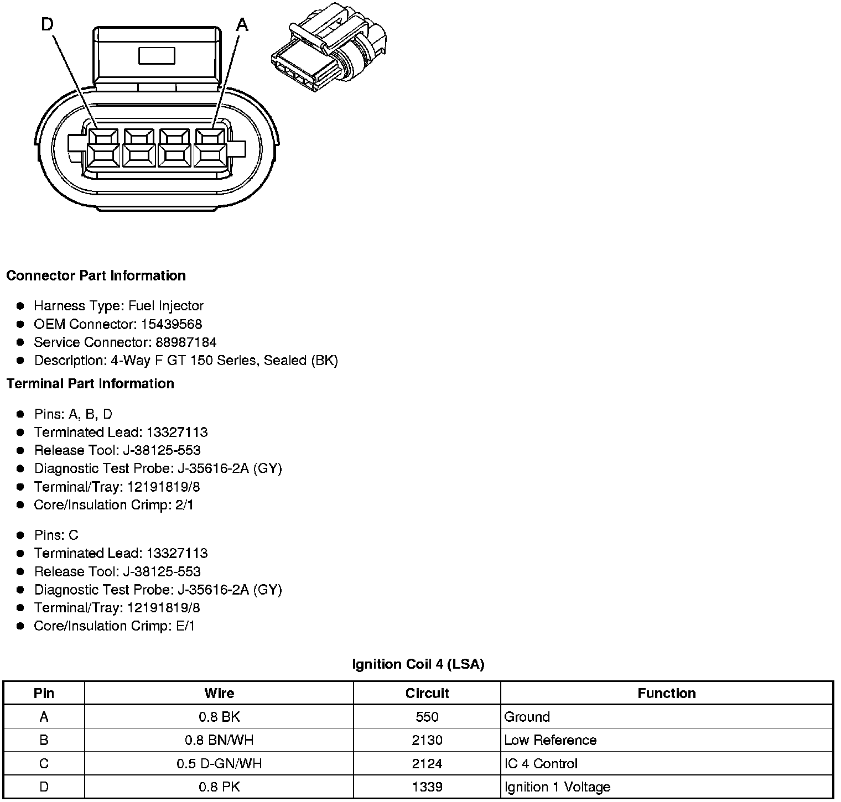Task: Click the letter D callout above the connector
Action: (48, 25)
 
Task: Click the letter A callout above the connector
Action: (242, 25)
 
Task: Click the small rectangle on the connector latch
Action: (157, 56)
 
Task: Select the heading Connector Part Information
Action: (96, 275)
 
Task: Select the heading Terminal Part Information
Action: (90, 383)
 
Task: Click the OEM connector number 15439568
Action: (172, 324)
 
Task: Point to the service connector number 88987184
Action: (182, 342)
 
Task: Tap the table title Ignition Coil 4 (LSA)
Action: (418, 664)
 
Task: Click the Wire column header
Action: (219, 693)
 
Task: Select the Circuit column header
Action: (427, 693)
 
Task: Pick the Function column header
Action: (666, 693)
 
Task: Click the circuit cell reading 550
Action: (427, 717)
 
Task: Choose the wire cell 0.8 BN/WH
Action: (219, 740)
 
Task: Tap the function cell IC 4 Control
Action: (541, 764)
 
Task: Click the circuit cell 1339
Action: (427, 787)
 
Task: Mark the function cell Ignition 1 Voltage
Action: (557, 787)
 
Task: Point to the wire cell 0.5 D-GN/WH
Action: (219, 764)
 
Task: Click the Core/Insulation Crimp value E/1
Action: (184, 626)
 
